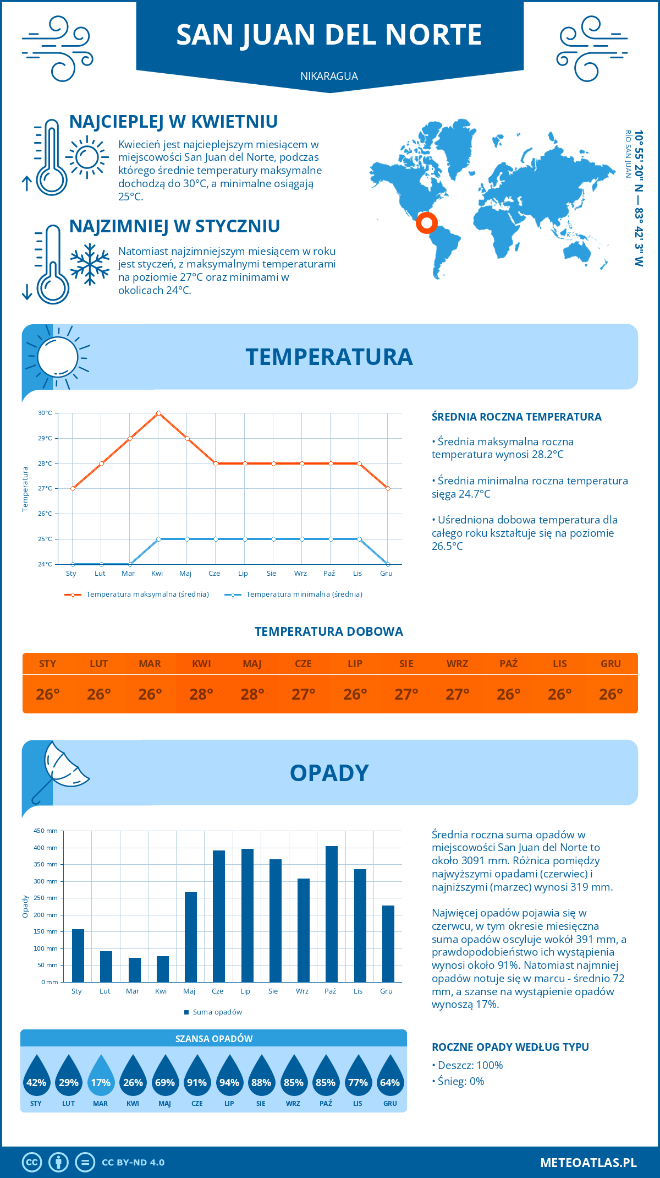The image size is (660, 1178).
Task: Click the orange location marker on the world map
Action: [426, 223]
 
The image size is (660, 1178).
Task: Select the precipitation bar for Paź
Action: [332, 914]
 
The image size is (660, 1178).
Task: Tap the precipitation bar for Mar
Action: [135, 970]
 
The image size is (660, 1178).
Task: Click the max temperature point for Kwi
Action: [158, 413]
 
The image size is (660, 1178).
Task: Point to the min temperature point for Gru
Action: [388, 564]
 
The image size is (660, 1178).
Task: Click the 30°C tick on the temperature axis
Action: [45, 413]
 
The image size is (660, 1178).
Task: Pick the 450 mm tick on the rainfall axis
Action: [46, 831]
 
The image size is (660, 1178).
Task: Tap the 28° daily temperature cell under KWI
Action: [201, 694]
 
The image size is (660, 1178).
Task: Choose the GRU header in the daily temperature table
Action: [610, 664]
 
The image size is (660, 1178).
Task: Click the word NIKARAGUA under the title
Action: [329, 76]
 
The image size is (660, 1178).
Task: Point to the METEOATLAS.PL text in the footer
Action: [588, 1163]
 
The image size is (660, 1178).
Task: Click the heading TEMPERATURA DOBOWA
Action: [329, 631]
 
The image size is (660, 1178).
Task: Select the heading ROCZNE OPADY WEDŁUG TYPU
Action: [510, 1047]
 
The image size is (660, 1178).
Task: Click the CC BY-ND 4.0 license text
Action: [133, 1163]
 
